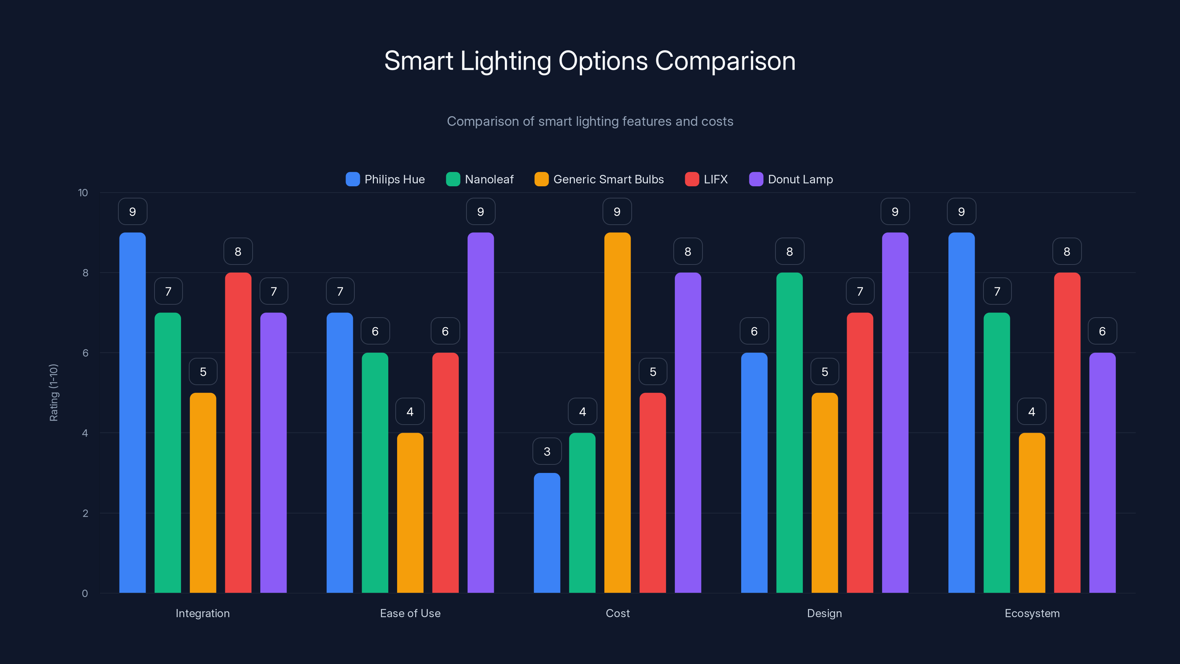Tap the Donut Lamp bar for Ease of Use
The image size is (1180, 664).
pyautogui.click(x=480, y=412)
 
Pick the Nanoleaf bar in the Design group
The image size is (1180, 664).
pyautogui.click(x=789, y=433)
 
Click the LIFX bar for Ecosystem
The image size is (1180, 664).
pyautogui.click(x=1067, y=433)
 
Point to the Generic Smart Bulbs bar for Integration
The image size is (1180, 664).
pyautogui.click(x=203, y=492)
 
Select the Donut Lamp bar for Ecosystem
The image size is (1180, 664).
pyautogui.click(x=1102, y=473)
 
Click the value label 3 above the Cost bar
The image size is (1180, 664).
pyautogui.click(x=547, y=452)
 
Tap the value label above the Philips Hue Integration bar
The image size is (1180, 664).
pyautogui.click(x=132, y=212)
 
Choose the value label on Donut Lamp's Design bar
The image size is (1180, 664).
pyautogui.click(x=895, y=212)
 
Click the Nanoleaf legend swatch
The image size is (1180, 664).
pyautogui.click(x=452, y=179)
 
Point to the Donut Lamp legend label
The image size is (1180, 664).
pyautogui.click(x=800, y=179)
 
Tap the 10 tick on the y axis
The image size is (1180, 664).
pyautogui.click(x=83, y=193)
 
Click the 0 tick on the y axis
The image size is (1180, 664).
pyautogui.click(x=85, y=594)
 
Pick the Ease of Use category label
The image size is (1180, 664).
pyautogui.click(x=410, y=613)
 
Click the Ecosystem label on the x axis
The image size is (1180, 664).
pyautogui.click(x=1032, y=613)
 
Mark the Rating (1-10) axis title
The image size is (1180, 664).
pyautogui.click(x=53, y=393)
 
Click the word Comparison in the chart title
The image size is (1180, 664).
pyautogui.click(x=725, y=61)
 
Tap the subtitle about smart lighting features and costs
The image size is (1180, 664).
pyautogui.click(x=590, y=121)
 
